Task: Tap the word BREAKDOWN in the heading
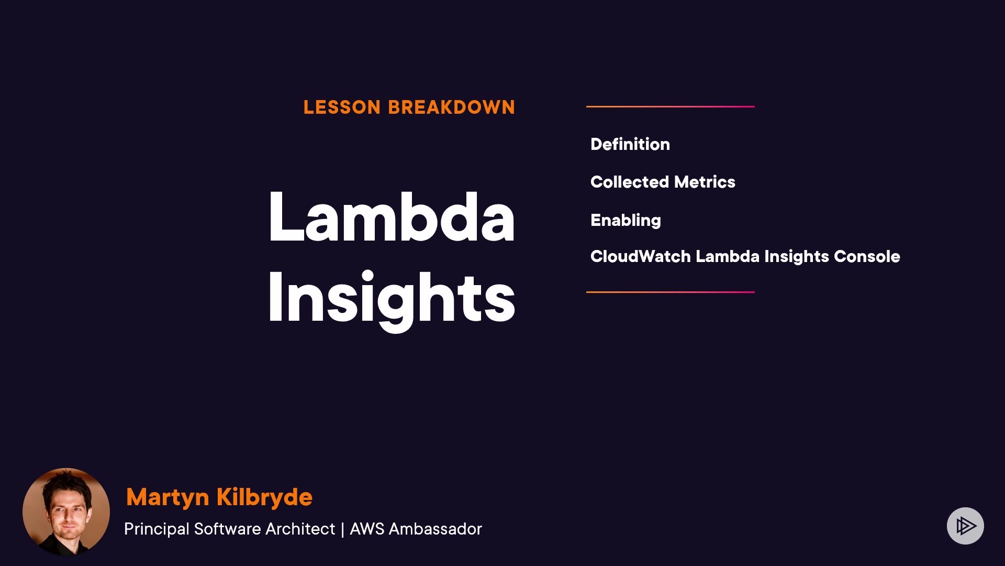click(452, 107)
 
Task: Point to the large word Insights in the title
click(392, 300)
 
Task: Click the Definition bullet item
click(630, 144)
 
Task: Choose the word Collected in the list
click(630, 182)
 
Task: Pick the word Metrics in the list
click(705, 182)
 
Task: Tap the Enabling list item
click(626, 221)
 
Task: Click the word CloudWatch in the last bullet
click(641, 256)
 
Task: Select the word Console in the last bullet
click(867, 256)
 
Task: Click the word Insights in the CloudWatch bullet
click(797, 257)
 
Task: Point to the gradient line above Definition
click(671, 106)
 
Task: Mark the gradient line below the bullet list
click(671, 292)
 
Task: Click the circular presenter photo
click(66, 512)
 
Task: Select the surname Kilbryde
click(264, 497)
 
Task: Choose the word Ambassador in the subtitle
click(435, 529)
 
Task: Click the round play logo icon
click(965, 526)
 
